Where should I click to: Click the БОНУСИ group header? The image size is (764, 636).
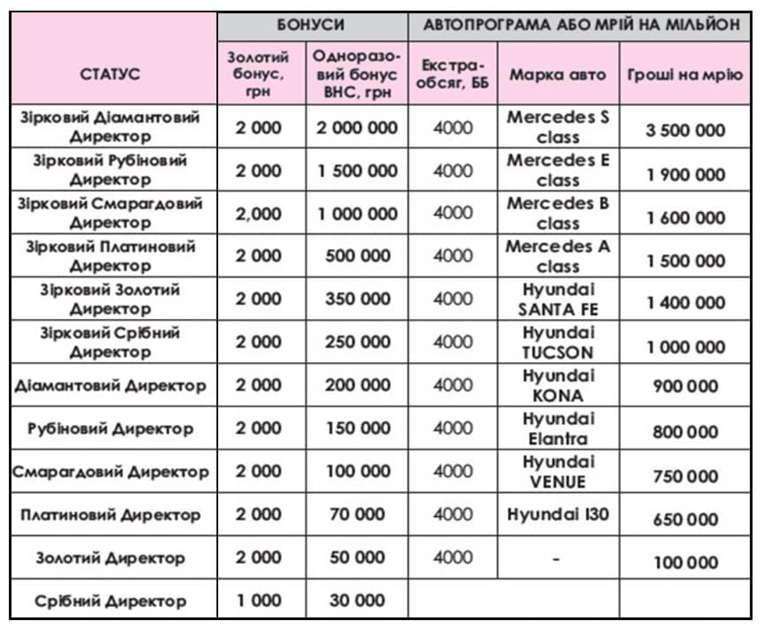313,25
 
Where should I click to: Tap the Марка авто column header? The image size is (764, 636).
557,74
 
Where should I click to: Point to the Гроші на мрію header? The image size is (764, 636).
685,74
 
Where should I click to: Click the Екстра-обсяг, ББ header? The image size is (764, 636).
453,74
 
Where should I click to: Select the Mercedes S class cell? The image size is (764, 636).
557,127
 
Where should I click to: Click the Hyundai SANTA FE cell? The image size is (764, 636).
557,299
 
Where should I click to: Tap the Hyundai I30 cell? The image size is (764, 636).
557,514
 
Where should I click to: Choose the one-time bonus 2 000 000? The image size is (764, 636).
357,127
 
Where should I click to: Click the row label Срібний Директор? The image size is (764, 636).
110,601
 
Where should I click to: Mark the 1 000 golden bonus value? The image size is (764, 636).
259,601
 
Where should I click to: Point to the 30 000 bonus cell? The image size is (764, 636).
357,601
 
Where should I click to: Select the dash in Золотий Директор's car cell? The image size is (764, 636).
557,558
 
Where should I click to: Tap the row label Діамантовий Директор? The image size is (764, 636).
110,385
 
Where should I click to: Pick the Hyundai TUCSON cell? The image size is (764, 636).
557,342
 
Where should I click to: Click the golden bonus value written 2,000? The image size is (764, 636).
259,213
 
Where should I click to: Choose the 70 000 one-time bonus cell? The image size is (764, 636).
357,514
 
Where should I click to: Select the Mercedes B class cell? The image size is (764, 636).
557,213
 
